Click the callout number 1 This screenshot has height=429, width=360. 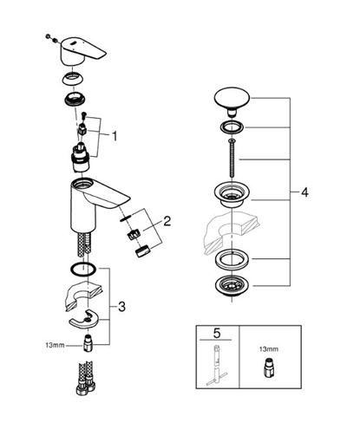click(115, 136)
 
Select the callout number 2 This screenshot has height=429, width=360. click(167, 221)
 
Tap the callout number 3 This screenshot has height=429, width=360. click(121, 307)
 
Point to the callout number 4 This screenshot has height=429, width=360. click(304, 192)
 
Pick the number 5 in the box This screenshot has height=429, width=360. click(217, 334)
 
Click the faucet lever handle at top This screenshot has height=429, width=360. click(82, 50)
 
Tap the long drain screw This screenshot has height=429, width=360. click(232, 159)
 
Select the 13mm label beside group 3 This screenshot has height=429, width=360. click(55, 345)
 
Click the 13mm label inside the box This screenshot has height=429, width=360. click(269, 349)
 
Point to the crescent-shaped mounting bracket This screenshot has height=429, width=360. click(83, 319)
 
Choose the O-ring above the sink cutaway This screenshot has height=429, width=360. click(83, 270)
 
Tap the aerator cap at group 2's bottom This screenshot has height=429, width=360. click(141, 250)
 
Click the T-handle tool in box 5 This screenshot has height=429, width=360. click(217, 366)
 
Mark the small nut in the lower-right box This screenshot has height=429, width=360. click(269, 368)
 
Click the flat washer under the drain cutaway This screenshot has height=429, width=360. click(232, 259)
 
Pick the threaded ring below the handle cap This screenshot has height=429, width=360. click(74, 100)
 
